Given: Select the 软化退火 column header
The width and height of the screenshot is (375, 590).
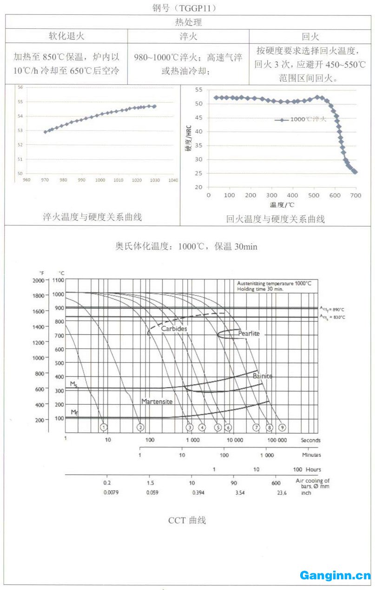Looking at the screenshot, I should (67, 36).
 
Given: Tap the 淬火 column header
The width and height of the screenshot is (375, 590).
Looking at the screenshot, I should (188, 36).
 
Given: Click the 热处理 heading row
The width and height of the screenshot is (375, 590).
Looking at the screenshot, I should (188, 22).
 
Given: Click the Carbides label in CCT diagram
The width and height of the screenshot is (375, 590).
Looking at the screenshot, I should (174, 329).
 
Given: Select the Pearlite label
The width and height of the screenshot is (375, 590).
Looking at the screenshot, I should (249, 333).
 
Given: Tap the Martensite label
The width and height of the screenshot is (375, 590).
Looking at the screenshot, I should (157, 401).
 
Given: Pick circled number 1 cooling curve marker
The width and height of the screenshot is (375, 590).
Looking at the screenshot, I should (104, 427).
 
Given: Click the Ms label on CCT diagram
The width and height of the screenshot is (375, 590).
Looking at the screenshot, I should (74, 383).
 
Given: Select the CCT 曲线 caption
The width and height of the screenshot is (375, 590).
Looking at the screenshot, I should (187, 520).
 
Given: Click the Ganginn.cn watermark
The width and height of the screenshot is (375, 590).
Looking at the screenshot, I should (335, 576).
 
